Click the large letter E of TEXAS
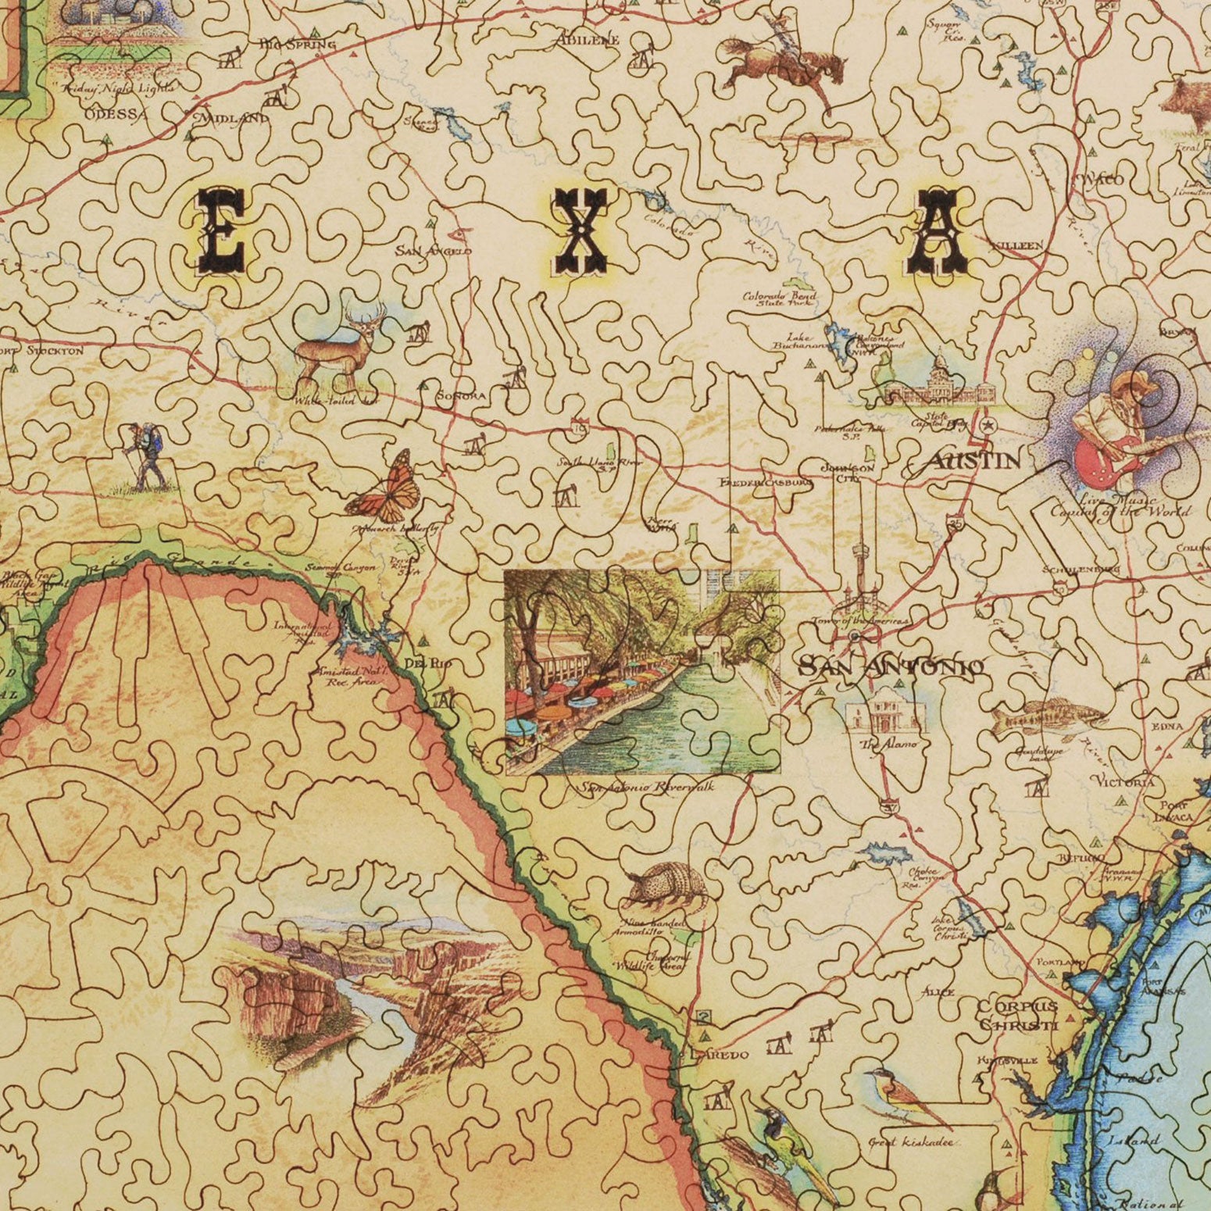point(221,229)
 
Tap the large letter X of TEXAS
point(578,233)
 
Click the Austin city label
point(972,461)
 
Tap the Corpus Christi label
point(1017,1015)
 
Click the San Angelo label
point(434,251)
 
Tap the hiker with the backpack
point(143,456)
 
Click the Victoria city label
point(1125,782)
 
